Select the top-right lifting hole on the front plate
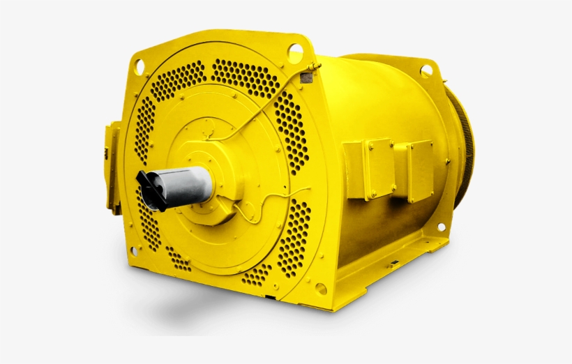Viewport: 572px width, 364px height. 295,50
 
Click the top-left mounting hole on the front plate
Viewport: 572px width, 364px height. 139,66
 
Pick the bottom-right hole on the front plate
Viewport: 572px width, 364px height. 320,288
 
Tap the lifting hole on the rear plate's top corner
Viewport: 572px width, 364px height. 426,69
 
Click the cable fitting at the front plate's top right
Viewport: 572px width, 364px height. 308,73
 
